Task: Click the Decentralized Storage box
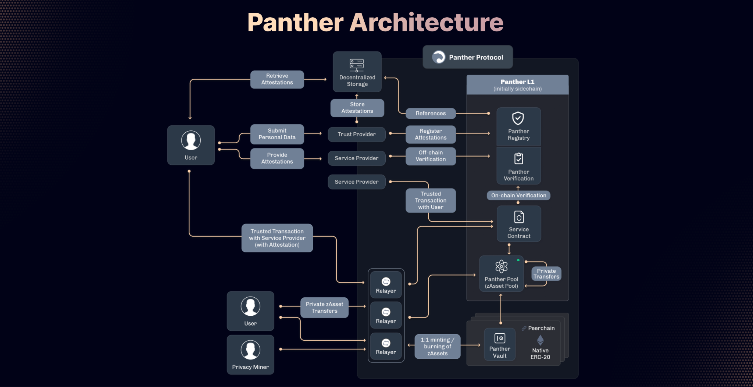pyautogui.click(x=357, y=72)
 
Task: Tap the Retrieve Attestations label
pyautogui.click(x=277, y=79)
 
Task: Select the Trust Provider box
pyautogui.click(x=357, y=135)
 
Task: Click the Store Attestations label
pyautogui.click(x=357, y=108)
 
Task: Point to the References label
pyautogui.click(x=431, y=114)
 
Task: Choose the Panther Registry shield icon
pyautogui.click(x=518, y=118)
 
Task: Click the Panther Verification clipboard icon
pyautogui.click(x=518, y=158)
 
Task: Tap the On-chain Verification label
pyautogui.click(x=518, y=196)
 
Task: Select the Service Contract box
pyautogui.click(x=519, y=224)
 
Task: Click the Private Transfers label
pyautogui.click(x=546, y=274)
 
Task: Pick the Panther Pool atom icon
pyautogui.click(x=501, y=266)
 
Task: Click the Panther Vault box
pyautogui.click(x=500, y=344)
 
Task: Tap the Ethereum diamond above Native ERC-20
pyautogui.click(x=540, y=340)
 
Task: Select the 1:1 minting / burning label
pyautogui.click(x=438, y=347)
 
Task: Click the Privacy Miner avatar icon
pyautogui.click(x=250, y=350)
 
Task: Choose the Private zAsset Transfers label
pyautogui.click(x=324, y=308)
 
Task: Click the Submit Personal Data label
pyautogui.click(x=277, y=134)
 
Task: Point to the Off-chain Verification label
pyautogui.click(x=431, y=156)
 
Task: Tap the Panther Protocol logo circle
pyautogui.click(x=438, y=57)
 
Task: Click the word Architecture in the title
pyautogui.click(x=426, y=23)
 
